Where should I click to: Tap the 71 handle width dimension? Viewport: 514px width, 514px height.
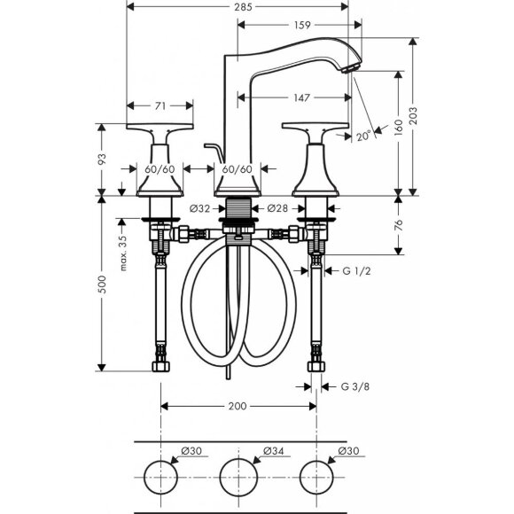[160, 105]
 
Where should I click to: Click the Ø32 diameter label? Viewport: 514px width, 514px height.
[200, 208]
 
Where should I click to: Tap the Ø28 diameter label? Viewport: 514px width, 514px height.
[276, 208]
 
